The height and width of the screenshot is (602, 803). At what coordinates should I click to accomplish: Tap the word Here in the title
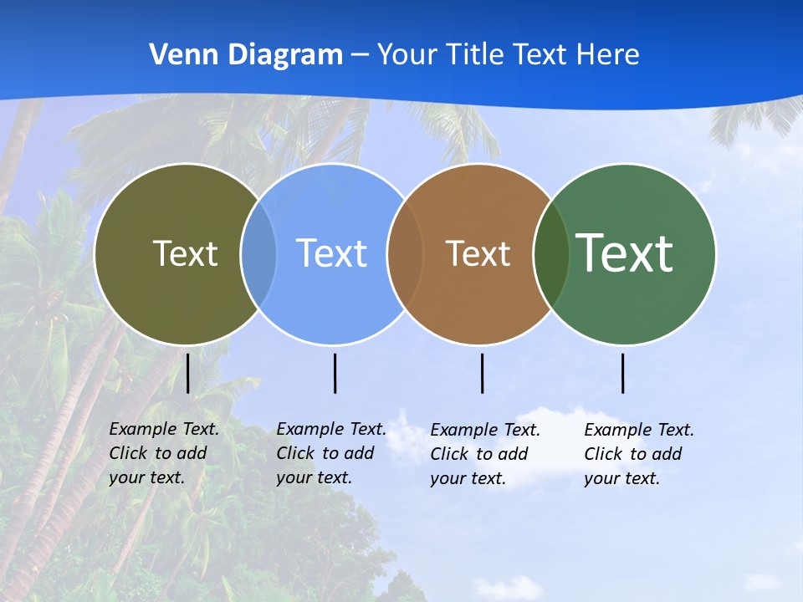pyautogui.click(x=608, y=55)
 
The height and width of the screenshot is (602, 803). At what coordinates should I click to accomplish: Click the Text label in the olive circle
pyautogui.click(x=185, y=253)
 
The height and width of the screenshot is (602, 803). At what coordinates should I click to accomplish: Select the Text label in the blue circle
pyautogui.click(x=331, y=253)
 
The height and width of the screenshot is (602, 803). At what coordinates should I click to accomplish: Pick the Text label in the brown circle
pyautogui.click(x=478, y=253)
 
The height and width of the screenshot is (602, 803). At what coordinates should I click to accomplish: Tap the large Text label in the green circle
pyautogui.click(x=625, y=253)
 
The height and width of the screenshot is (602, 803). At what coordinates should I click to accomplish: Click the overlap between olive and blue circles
pyautogui.click(x=258, y=254)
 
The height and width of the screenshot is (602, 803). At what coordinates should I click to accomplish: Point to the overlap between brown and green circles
pyautogui.click(x=551, y=254)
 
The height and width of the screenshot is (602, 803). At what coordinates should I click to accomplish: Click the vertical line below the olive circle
pyautogui.click(x=188, y=373)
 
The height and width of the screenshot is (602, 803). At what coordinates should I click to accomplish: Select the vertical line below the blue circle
pyautogui.click(x=335, y=373)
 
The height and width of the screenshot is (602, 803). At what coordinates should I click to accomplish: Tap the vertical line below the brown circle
pyautogui.click(x=482, y=373)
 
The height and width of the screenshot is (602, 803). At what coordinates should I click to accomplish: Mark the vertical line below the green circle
pyautogui.click(x=623, y=373)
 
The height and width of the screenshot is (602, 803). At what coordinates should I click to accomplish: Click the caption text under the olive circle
pyautogui.click(x=164, y=453)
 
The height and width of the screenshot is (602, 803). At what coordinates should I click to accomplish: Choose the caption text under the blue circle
pyautogui.click(x=331, y=453)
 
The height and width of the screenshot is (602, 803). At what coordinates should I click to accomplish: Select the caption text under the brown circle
pyautogui.click(x=485, y=454)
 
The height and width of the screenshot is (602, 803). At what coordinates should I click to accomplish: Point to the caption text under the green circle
pyautogui.click(x=639, y=454)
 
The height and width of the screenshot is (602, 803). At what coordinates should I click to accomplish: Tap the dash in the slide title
pyautogui.click(x=360, y=56)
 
